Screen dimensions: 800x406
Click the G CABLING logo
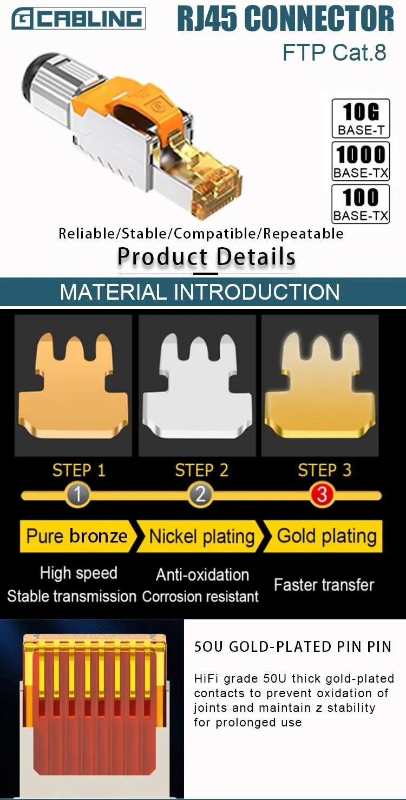click(78, 19)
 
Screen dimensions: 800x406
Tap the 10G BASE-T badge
click(361, 118)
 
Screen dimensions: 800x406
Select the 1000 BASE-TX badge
click(361, 161)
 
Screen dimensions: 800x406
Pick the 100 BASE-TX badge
click(361, 203)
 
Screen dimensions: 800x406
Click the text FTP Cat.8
click(335, 52)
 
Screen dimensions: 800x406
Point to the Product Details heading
click(206, 256)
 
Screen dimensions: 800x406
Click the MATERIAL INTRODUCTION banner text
click(200, 292)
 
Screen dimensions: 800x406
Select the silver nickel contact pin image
click(197, 385)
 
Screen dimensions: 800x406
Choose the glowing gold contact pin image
click(320, 385)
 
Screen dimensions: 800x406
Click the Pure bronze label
click(76, 536)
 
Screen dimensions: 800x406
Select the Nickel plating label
click(201, 537)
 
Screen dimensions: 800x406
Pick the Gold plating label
click(326, 536)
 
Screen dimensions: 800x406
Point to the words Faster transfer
click(324, 585)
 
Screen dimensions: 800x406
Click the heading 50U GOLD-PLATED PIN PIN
click(292, 647)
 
